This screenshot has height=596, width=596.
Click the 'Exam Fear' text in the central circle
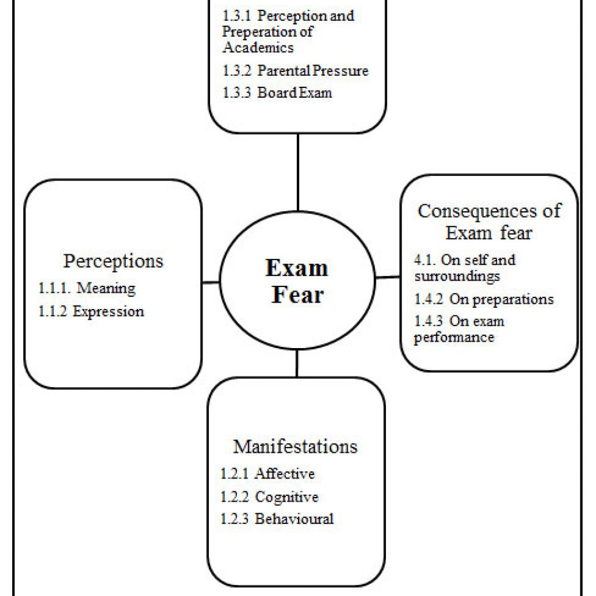click(297, 281)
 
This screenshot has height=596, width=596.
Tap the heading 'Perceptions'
click(113, 261)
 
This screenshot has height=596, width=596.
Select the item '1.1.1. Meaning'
click(87, 288)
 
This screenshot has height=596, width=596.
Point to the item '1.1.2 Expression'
click(91, 311)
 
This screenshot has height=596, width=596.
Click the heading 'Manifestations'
click(295, 446)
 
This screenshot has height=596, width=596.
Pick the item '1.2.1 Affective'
click(268, 474)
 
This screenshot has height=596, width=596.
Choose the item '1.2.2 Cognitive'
click(269, 497)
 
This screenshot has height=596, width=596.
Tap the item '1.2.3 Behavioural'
click(277, 519)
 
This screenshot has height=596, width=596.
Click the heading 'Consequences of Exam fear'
click(489, 222)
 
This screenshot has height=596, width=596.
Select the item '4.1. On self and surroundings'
click(465, 268)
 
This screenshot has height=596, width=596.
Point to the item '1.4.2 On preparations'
click(484, 300)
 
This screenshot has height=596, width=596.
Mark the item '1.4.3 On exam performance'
click(459, 329)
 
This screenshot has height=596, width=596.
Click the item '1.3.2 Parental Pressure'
click(295, 70)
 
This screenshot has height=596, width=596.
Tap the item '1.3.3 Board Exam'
click(277, 93)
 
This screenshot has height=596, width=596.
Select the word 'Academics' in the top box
click(258, 48)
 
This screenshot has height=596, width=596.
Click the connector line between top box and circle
click(298, 172)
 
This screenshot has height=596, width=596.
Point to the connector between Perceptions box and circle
click(211, 282)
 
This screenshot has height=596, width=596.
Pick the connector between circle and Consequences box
click(388, 278)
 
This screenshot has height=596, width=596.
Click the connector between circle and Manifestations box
click(297, 363)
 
